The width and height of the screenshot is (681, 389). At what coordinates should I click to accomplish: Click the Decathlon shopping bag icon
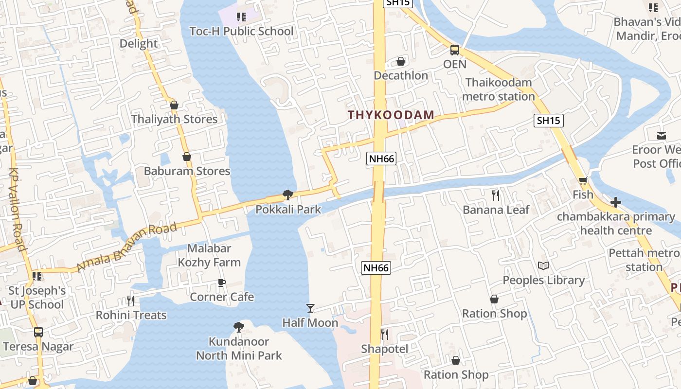401,61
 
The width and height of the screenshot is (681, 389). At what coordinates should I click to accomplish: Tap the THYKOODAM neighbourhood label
391,115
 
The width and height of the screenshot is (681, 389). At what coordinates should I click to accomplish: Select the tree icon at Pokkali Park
288,195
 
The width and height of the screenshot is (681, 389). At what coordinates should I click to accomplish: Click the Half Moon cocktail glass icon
310,308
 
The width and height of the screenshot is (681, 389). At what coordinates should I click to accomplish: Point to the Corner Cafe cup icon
222,283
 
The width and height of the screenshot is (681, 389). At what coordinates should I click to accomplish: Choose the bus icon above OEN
455,50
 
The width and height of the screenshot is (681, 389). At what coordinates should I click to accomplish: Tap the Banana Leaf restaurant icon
496,195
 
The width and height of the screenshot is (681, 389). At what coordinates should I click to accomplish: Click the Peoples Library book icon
543,266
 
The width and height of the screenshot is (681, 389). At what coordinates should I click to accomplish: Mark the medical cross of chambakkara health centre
616,202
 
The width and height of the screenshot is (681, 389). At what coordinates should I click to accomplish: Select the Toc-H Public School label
242,32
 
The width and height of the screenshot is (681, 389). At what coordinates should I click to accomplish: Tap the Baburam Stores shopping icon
187,157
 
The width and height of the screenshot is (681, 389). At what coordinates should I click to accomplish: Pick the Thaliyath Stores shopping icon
174,105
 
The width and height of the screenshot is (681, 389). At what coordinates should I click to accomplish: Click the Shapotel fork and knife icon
384,335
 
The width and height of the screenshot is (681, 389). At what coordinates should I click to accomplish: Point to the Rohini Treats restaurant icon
130,301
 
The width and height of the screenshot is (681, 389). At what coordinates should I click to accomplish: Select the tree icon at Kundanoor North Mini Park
238,327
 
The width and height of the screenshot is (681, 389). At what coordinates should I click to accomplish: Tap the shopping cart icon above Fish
583,181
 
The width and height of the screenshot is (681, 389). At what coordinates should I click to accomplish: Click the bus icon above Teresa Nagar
38,332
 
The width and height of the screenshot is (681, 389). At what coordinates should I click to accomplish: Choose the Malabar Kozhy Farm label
209,255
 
